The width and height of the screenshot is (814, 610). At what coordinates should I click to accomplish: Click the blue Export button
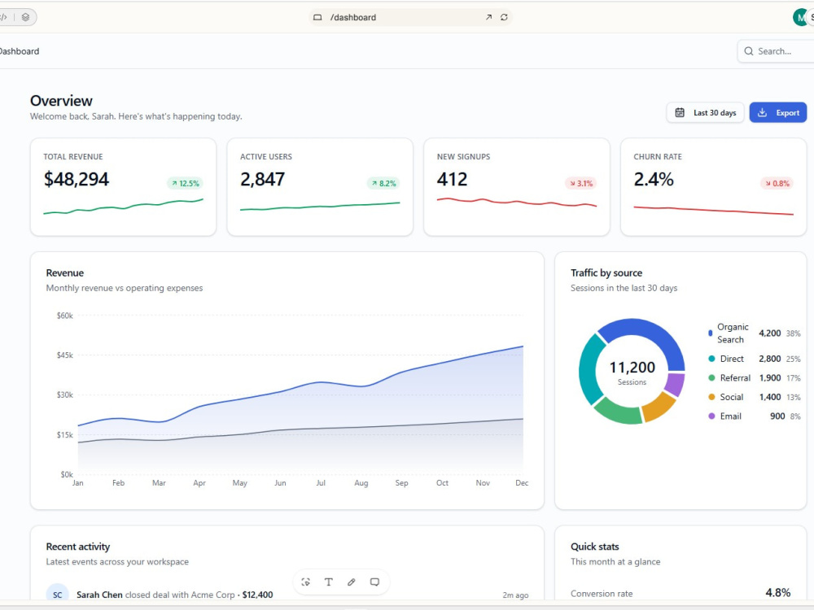coord(777,112)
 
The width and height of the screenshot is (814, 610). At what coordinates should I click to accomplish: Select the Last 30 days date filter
coord(705,112)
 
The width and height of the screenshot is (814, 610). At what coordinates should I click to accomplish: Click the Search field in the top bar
coord(776,51)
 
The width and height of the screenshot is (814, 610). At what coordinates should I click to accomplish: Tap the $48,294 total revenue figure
coord(77,179)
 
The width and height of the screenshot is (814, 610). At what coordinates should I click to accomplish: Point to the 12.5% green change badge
coord(186,183)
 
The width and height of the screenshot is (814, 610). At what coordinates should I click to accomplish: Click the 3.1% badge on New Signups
coord(580,183)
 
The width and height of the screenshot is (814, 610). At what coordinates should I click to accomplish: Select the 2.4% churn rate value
coord(654,179)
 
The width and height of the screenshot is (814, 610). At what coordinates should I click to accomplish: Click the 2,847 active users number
coord(262,179)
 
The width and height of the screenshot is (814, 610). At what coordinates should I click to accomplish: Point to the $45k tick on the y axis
coord(65,355)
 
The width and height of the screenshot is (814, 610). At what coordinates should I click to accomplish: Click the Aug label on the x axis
coord(361,483)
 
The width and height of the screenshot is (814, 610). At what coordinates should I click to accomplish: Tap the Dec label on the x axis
coord(522,483)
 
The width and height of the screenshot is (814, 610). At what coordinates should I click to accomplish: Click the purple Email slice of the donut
coord(674,385)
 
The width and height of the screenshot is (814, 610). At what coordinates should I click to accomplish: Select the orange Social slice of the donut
coord(659,406)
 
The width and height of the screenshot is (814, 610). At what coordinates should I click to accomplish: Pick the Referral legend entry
coord(729,377)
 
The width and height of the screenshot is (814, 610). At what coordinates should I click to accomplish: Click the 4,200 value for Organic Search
coord(769,333)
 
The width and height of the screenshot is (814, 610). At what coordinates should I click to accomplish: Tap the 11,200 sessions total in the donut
coord(632,368)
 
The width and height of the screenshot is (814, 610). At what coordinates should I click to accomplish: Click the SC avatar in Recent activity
coord(58,595)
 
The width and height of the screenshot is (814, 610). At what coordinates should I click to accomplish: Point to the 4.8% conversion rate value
coord(777,592)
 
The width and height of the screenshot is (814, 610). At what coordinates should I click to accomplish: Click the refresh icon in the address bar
coord(504,17)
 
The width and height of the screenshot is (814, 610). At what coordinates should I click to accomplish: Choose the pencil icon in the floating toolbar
coord(352,582)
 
